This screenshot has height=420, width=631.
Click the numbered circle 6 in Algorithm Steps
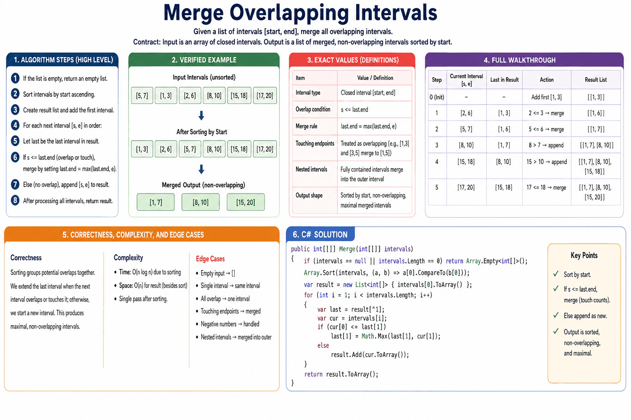[15, 157]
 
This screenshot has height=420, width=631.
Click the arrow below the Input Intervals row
[201, 115]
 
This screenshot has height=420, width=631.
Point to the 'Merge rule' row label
[306, 126]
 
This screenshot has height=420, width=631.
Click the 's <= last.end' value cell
[355, 110]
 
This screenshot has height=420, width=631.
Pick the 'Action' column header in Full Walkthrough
[546, 80]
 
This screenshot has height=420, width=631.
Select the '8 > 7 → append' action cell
[546, 145]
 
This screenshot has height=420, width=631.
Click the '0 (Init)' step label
[437, 97]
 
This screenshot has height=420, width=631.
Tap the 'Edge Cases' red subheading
[210, 258]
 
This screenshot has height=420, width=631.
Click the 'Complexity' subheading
[128, 258]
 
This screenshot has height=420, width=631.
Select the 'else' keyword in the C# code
[323, 345]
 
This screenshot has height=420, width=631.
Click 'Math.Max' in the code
[374, 336]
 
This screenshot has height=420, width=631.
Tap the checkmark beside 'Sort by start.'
[556, 274]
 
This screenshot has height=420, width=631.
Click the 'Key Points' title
[584, 256]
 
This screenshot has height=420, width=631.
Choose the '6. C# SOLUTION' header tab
[320, 234]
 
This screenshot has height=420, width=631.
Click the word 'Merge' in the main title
[193, 13]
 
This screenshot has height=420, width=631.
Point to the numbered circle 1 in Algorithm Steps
[15, 78]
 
